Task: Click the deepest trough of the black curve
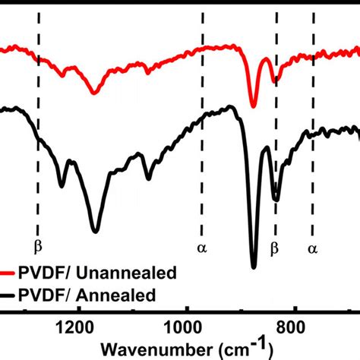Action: (x=254, y=266)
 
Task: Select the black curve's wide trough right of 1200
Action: (x=95, y=229)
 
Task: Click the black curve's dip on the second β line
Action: (x=276, y=199)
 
